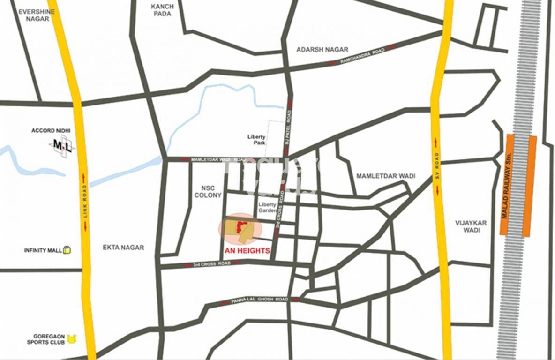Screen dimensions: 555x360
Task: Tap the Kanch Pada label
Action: (x=162, y=10)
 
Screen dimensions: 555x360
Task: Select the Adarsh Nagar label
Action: (x=322, y=49)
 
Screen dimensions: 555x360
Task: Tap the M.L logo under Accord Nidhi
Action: (x=62, y=146)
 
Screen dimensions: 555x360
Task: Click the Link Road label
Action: (x=85, y=202)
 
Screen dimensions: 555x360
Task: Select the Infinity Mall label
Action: (x=43, y=250)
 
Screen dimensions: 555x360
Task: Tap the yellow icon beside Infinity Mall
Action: (x=67, y=250)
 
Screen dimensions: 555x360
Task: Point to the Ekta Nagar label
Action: (x=123, y=247)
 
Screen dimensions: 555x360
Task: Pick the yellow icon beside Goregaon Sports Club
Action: (x=71, y=338)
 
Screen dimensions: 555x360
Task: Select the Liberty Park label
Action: (x=256, y=140)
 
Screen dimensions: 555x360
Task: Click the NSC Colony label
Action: (x=208, y=191)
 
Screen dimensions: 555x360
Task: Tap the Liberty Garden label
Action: (x=268, y=208)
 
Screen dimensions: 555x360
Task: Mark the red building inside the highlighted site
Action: (x=241, y=227)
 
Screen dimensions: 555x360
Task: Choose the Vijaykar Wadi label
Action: (x=471, y=226)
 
